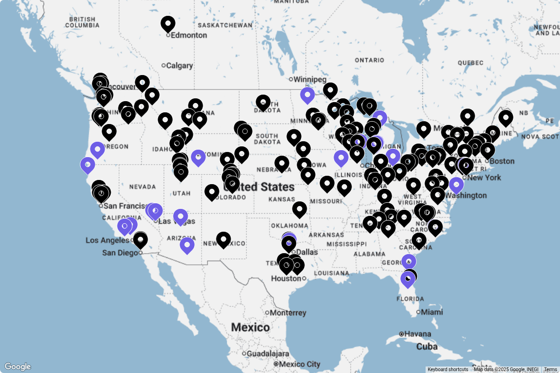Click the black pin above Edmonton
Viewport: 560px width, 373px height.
(168, 23)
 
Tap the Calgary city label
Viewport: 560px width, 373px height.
(179, 66)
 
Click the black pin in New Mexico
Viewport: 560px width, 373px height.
(224, 240)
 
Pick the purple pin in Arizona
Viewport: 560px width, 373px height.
(187, 245)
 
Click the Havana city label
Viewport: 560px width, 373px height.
(418, 334)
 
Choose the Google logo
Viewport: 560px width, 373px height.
(17, 366)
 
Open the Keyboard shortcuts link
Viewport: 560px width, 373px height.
(448, 369)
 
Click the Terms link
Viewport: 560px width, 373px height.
(550, 369)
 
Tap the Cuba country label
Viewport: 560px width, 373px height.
(427, 347)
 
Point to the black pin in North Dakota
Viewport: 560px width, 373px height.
(263, 103)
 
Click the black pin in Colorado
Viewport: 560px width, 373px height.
(212, 192)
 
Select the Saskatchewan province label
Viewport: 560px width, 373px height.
(225, 25)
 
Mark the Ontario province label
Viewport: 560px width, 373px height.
(369, 60)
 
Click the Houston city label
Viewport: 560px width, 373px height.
(286, 278)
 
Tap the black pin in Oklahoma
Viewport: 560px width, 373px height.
(300, 209)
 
